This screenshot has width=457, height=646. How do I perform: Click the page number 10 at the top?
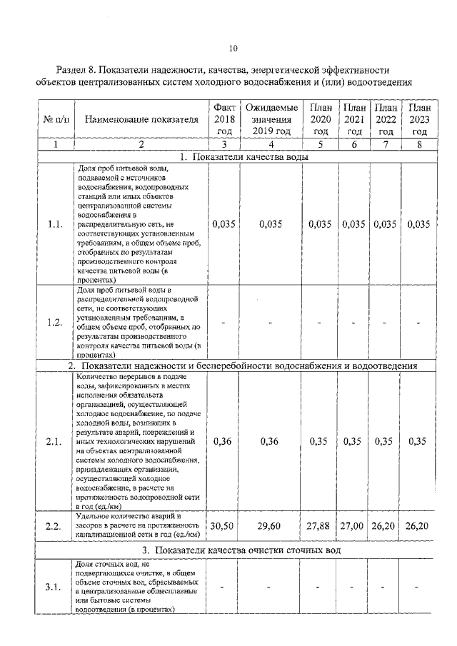(x=232, y=49)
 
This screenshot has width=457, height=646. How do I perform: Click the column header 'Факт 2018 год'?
(x=224, y=118)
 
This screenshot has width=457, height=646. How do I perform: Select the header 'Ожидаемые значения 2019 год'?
(x=271, y=118)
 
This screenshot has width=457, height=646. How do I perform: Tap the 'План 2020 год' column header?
(x=321, y=118)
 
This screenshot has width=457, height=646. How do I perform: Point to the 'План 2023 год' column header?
(x=419, y=118)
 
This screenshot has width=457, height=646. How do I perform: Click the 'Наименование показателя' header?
(x=141, y=119)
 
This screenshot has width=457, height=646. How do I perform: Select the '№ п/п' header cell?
(x=54, y=119)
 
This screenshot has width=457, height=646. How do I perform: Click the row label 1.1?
(x=54, y=224)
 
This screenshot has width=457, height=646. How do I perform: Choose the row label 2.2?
(x=54, y=526)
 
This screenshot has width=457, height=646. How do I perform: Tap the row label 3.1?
(x=54, y=587)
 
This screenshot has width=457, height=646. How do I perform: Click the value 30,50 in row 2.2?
(x=224, y=526)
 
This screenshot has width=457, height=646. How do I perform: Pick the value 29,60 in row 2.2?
(x=271, y=526)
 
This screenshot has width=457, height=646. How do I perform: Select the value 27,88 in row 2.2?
(x=321, y=526)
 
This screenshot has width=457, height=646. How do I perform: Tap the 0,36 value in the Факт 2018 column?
(x=224, y=440)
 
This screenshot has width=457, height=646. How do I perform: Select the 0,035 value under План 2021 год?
(x=353, y=224)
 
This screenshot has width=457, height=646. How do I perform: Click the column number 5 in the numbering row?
(x=321, y=144)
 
